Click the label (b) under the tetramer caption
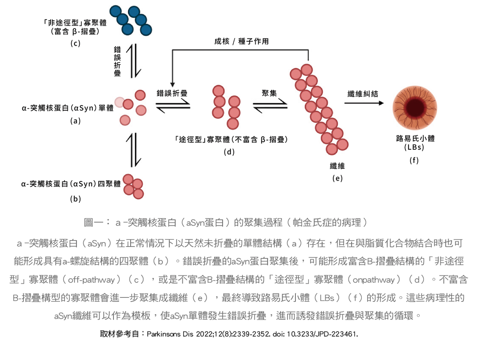75,198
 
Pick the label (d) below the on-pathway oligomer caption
229,152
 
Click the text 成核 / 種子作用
240,41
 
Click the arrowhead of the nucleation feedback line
172,84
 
